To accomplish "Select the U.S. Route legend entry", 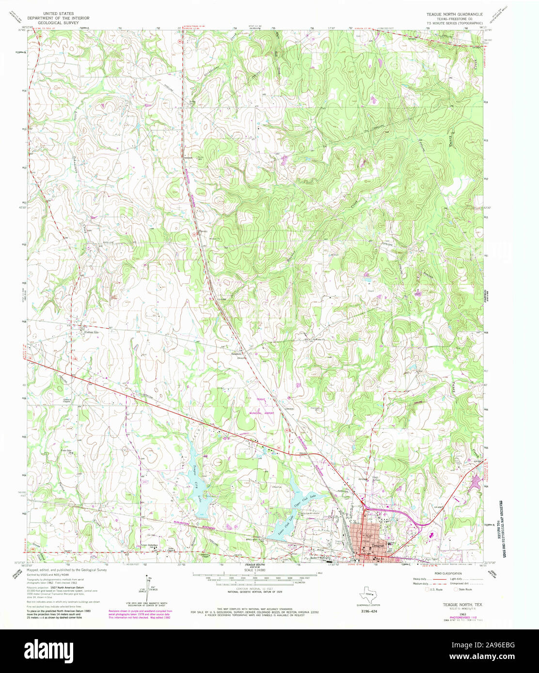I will (434, 589).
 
